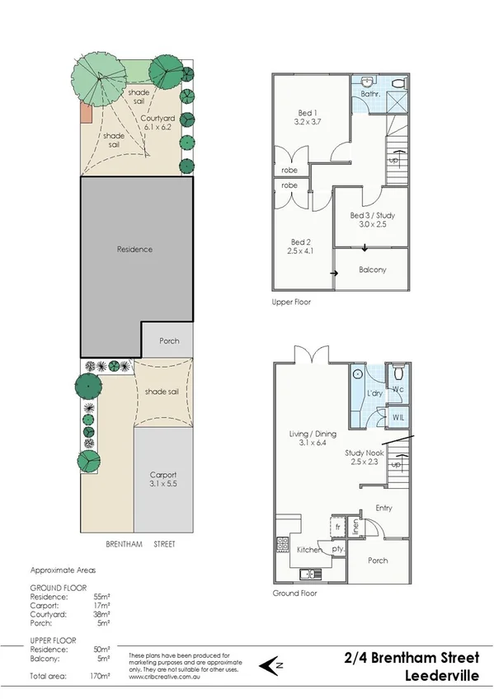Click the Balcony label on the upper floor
click(372, 270)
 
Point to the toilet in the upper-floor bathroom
click(397, 83)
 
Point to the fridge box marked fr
click(336, 526)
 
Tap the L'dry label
click(372, 394)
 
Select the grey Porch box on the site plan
click(167, 340)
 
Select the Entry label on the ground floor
click(383, 508)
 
